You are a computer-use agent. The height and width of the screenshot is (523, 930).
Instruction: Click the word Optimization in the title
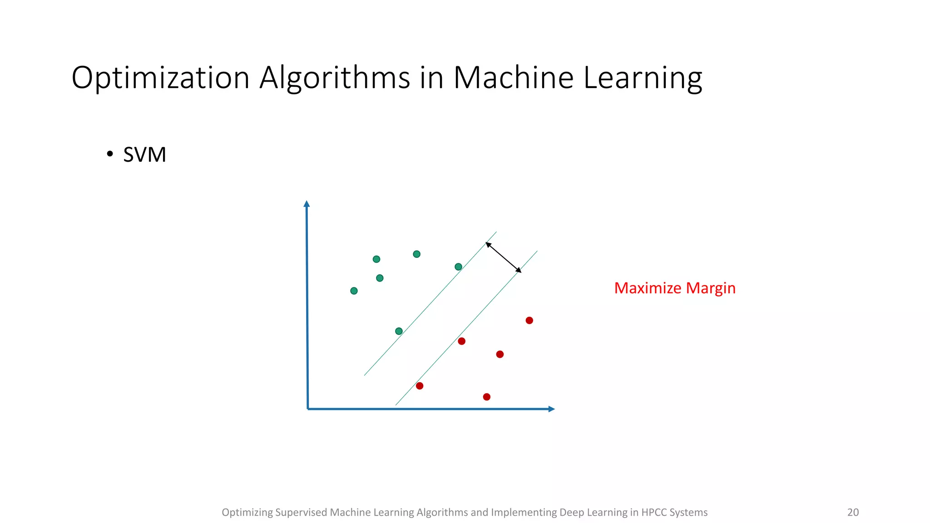coord(160,78)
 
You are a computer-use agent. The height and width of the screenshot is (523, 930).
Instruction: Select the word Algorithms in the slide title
coord(335,78)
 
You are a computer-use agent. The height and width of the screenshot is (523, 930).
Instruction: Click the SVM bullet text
coord(144,155)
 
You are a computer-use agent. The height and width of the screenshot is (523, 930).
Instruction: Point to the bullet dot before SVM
coord(109,154)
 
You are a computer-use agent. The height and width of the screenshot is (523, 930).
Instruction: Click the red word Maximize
coord(648,288)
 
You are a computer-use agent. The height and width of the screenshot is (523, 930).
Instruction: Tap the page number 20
coord(853,512)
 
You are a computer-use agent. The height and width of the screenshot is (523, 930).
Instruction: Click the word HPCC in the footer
coord(653,512)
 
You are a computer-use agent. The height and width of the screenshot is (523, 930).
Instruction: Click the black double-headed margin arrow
coord(504,257)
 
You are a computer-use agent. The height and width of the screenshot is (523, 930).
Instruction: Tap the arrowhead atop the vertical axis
coord(307,203)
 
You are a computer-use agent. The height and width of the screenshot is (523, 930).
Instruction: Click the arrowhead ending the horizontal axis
coord(551,409)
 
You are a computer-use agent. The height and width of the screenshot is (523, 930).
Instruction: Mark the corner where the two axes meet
coord(308,409)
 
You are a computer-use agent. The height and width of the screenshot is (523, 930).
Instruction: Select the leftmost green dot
coord(354,291)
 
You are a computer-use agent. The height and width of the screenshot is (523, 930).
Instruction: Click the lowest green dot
coord(399,331)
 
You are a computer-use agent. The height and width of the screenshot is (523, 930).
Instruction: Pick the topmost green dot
coord(416,254)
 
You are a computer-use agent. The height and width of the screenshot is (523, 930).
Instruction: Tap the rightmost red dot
coord(529,320)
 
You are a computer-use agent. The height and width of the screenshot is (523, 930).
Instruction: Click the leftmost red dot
coord(420,385)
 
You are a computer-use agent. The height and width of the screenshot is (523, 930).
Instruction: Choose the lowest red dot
coord(486,397)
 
